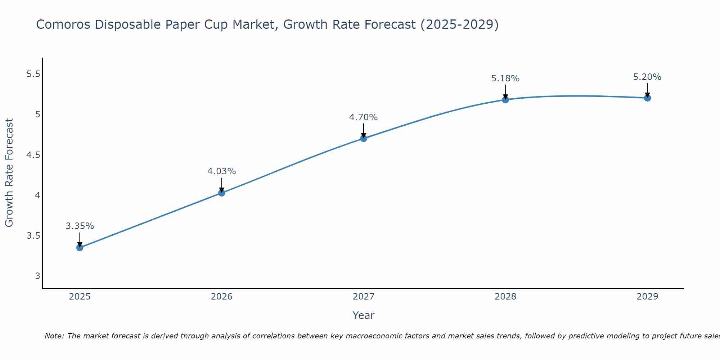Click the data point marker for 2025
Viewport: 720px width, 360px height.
[80, 247]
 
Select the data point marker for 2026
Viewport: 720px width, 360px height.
[222, 193]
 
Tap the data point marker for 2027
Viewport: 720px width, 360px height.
[364, 138]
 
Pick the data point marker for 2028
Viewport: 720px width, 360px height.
[505, 100]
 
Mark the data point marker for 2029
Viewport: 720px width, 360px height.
[647, 98]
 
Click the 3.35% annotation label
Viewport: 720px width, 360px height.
[80, 226]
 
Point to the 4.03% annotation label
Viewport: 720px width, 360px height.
[222, 171]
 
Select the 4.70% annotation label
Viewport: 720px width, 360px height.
[364, 117]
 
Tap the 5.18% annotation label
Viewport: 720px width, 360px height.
[505, 78]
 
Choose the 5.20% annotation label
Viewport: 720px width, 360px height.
[647, 77]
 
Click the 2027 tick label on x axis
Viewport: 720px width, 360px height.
[364, 297]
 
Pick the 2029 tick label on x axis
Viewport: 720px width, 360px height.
[647, 297]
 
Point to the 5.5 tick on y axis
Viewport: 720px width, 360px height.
[33, 74]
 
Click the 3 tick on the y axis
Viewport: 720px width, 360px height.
[37, 276]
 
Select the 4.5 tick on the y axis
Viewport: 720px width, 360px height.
[33, 155]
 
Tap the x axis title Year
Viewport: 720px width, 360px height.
[364, 315]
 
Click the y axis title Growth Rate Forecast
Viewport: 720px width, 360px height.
[9, 173]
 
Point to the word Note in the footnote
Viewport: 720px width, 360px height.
[54, 336]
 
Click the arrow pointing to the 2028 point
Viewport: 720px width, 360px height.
[505, 91]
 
